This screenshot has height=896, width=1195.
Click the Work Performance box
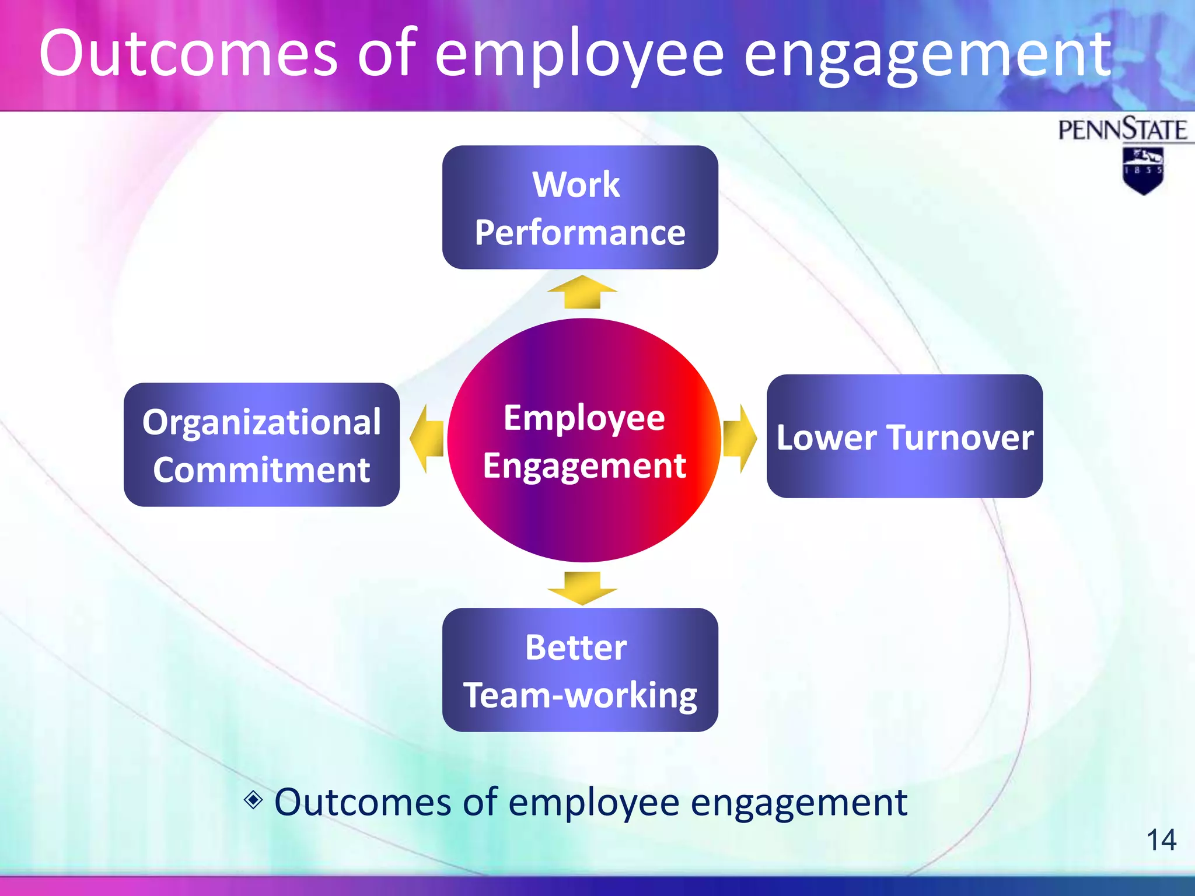tap(580, 207)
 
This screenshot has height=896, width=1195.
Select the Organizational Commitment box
tap(261, 444)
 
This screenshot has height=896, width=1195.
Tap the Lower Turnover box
tap(904, 436)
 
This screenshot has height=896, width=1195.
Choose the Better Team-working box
tap(580, 670)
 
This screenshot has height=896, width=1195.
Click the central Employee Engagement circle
tap(583, 441)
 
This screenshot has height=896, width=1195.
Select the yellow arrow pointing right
tap(739, 439)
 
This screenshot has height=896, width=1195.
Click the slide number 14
tap(1161, 840)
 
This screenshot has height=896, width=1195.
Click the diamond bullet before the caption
tap(253, 799)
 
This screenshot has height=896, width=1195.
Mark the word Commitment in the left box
tap(261, 470)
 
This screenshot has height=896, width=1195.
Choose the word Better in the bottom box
tap(576, 647)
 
